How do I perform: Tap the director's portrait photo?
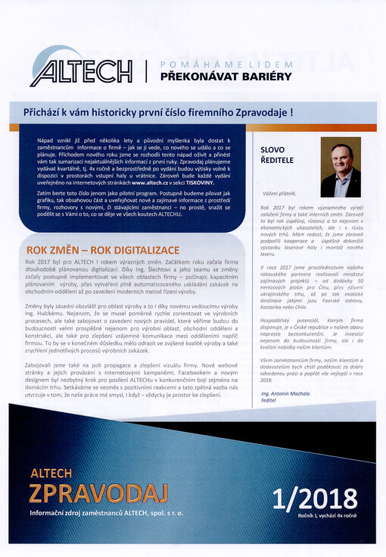click(340, 167)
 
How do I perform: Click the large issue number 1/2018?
click(316, 498)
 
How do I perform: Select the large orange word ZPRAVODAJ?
click(98, 494)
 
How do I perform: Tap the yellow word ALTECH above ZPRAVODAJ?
click(51, 473)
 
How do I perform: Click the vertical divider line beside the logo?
click(147, 71)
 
